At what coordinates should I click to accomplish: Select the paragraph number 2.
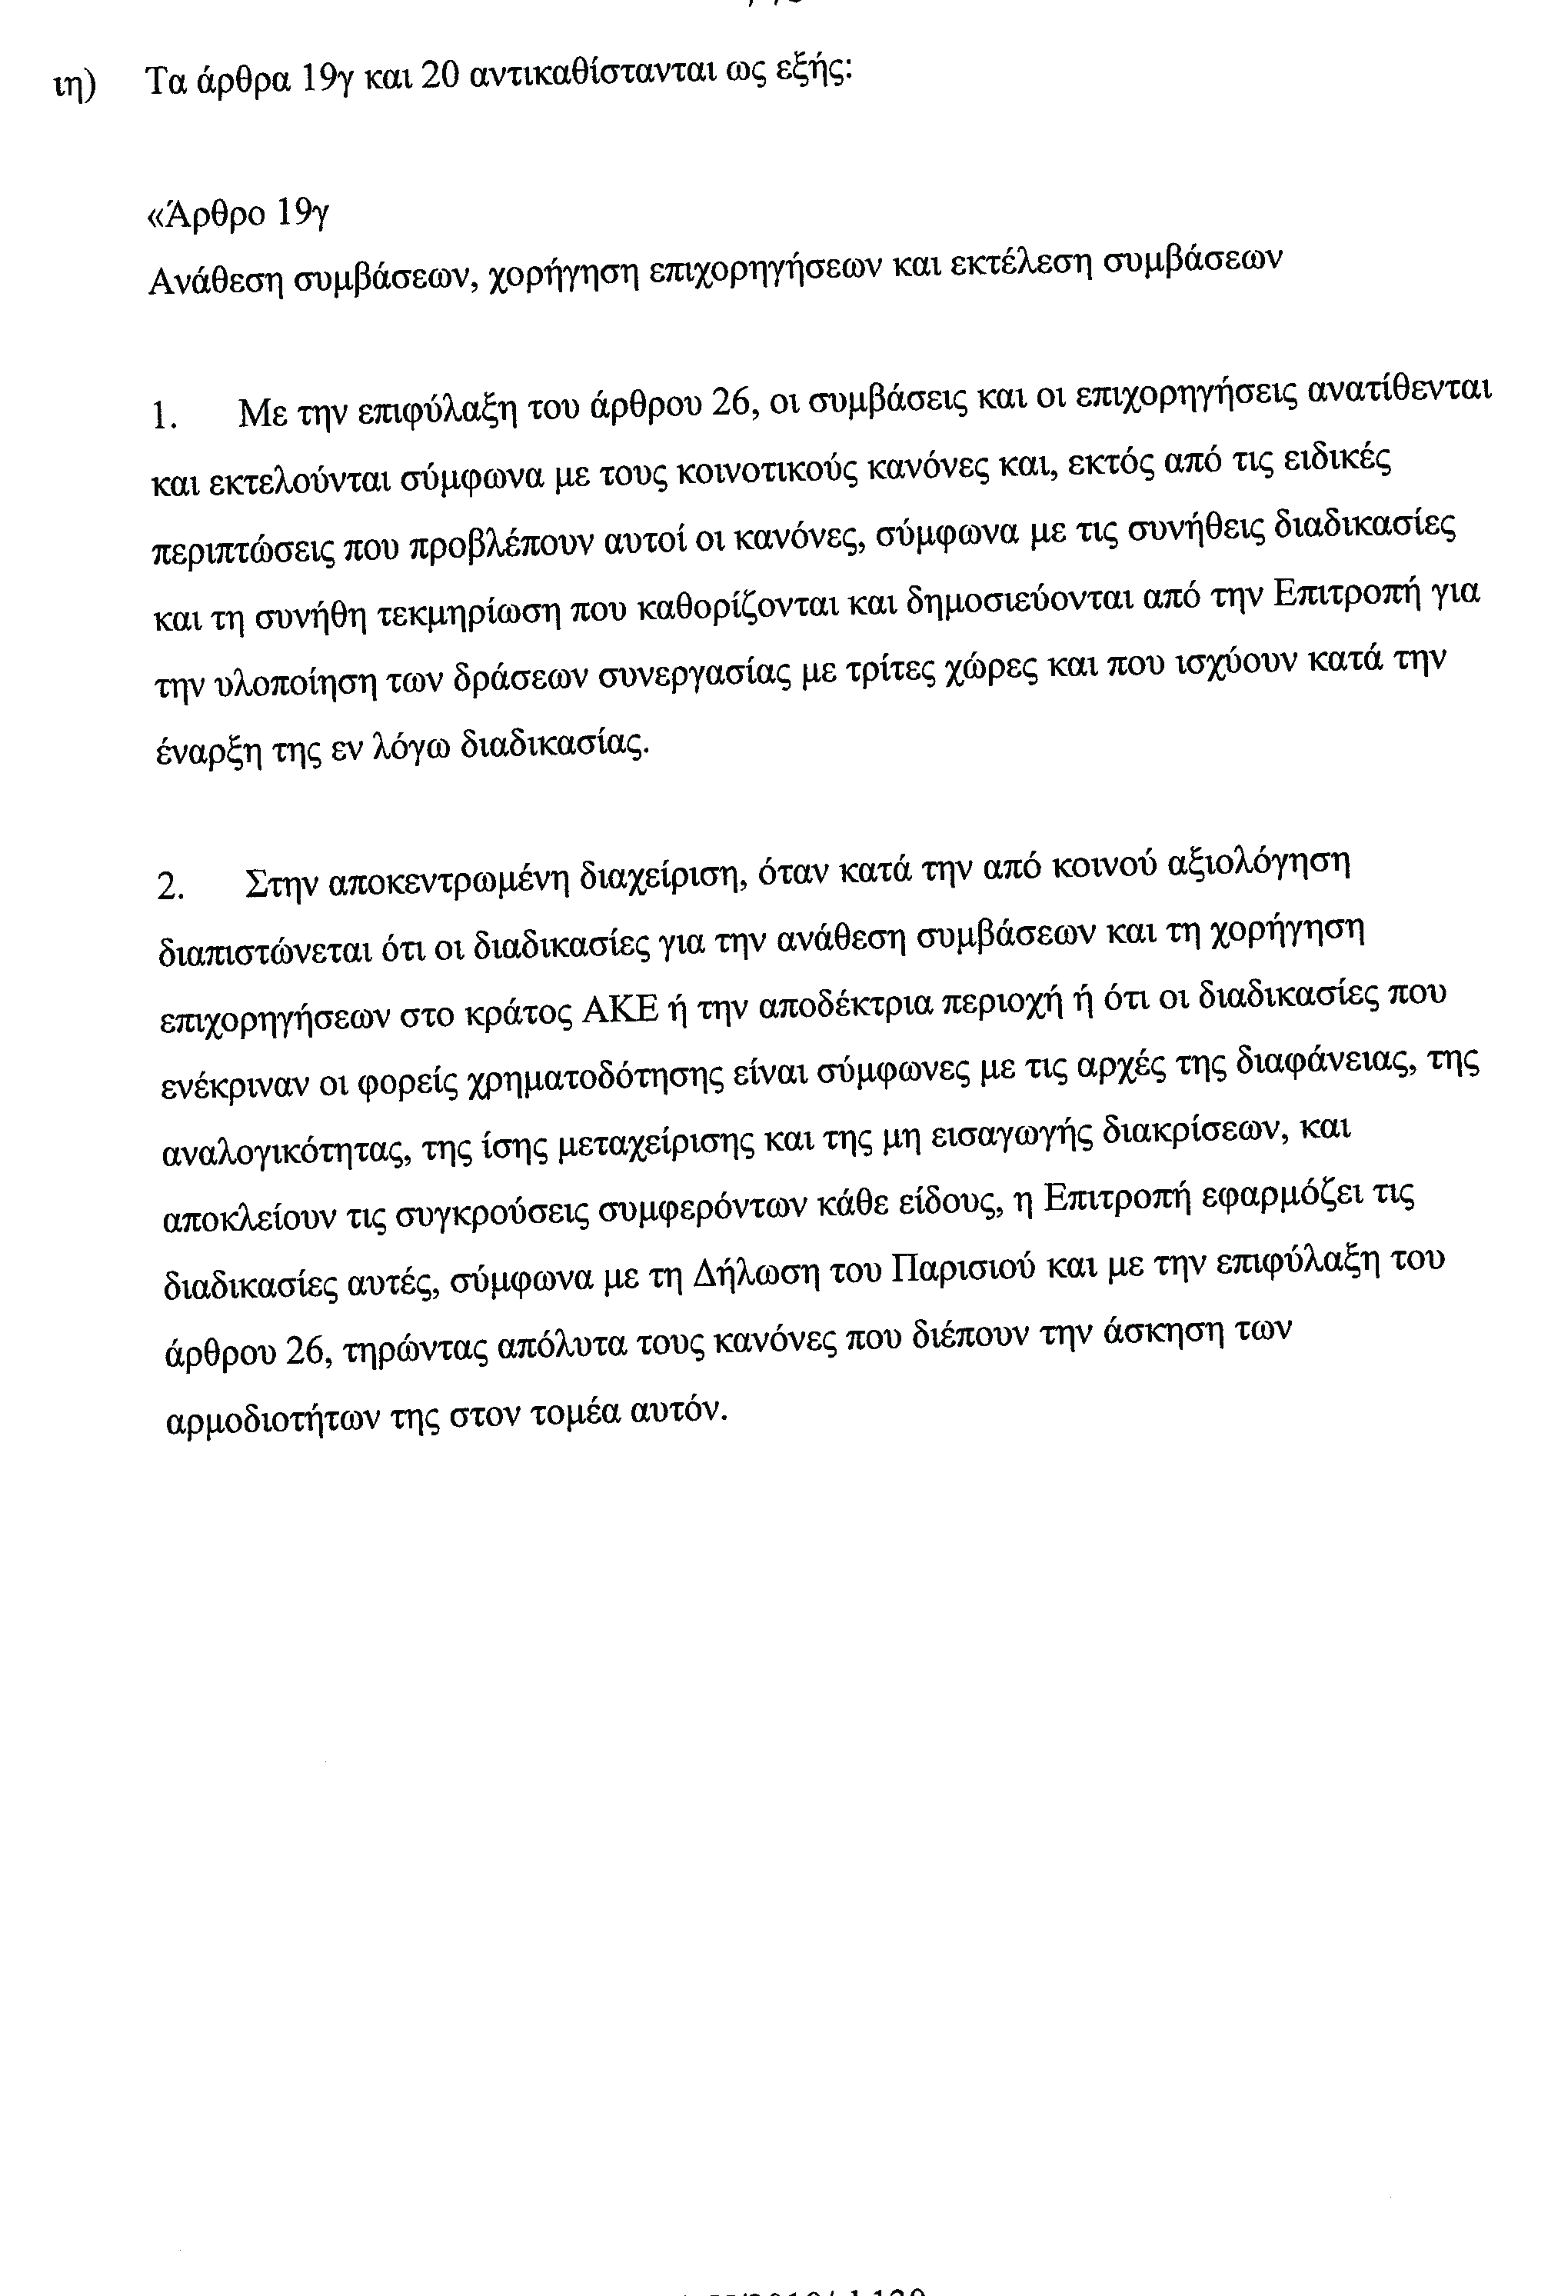pos(170,886)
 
